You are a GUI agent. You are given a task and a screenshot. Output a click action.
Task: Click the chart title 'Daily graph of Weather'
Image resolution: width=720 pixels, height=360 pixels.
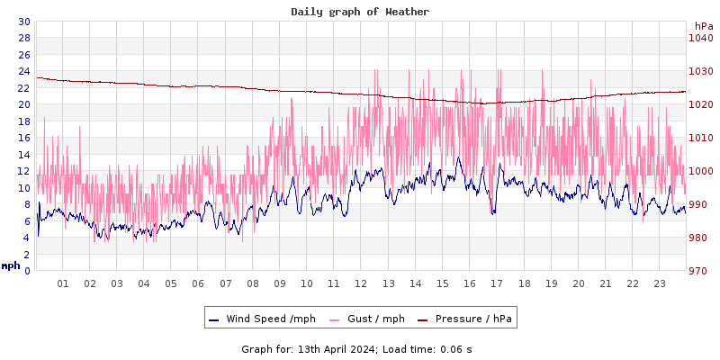click(360, 12)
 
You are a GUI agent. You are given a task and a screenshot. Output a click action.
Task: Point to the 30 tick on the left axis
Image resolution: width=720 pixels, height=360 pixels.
click(23, 22)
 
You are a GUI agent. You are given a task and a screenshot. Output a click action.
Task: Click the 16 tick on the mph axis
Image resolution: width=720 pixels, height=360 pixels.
click(23, 138)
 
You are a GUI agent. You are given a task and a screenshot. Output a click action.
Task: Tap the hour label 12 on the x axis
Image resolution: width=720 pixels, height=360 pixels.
click(361, 283)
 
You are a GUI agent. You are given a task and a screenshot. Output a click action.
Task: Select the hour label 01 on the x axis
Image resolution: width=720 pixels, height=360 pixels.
click(63, 283)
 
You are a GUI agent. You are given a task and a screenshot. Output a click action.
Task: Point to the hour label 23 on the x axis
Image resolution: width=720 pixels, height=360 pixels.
click(659, 283)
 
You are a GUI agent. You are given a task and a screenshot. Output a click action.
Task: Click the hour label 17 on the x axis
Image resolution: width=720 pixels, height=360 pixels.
click(497, 283)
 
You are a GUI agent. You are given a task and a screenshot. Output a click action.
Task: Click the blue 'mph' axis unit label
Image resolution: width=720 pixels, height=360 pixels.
click(11, 265)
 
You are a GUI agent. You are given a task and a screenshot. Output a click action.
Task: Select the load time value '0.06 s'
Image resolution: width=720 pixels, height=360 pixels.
click(455, 349)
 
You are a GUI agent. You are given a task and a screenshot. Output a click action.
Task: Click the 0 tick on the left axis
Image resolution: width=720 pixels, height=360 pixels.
click(26, 271)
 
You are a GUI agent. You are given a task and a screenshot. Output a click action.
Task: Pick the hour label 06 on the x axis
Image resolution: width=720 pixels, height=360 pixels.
click(198, 283)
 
